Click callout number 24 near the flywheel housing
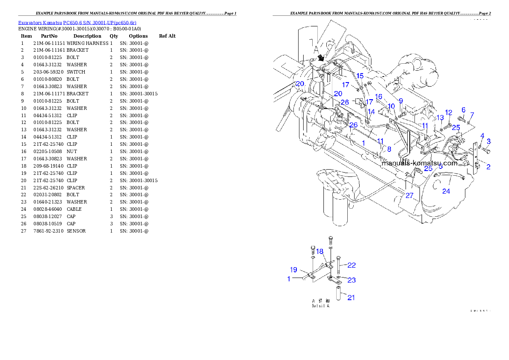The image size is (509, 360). [x=446, y=191]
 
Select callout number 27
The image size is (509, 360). [x=409, y=195]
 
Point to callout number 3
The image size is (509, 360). [x=482, y=136]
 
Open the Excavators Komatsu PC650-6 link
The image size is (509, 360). [x=77, y=23]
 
